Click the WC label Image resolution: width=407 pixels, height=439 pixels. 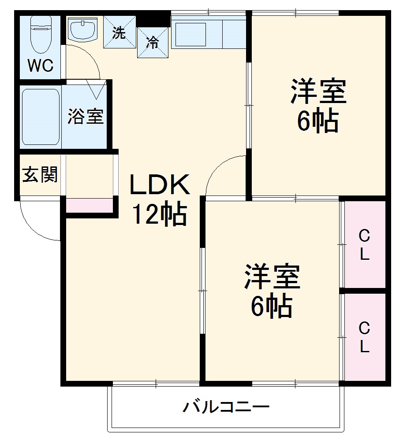tap(41, 66)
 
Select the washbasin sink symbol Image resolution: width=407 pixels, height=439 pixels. tap(83, 29)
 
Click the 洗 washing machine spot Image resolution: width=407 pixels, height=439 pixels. tap(119, 33)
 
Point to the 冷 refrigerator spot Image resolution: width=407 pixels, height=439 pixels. tap(153, 42)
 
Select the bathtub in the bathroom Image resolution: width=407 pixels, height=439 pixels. tap(41, 117)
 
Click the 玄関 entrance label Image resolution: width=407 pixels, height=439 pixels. tap(40, 175)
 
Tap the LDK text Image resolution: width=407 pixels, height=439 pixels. tap(159, 185)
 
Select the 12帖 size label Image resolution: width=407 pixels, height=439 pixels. tap(160, 214)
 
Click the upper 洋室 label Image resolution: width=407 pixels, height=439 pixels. tap(317, 91)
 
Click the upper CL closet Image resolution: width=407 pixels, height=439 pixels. tap(364, 245)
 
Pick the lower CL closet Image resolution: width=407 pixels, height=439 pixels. tap(364, 337)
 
